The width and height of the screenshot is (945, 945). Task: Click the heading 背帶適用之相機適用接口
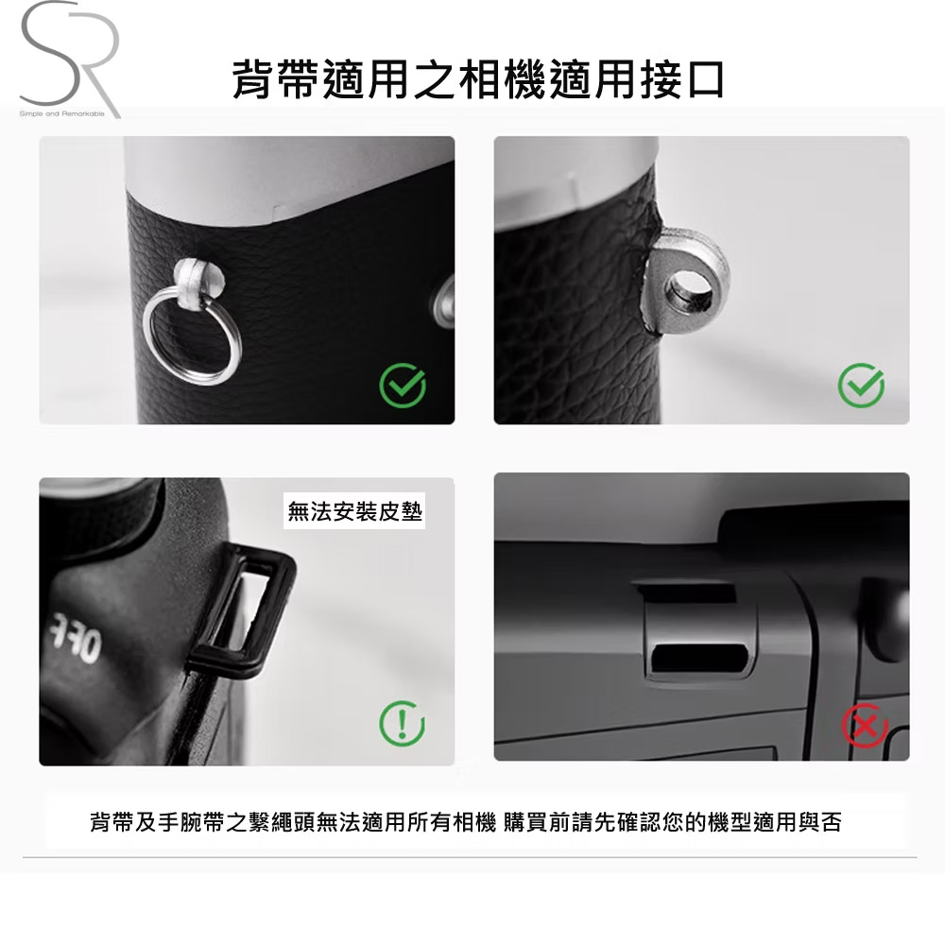478,81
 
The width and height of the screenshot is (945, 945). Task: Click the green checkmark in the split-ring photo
402,385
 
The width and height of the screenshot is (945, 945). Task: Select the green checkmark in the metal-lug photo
861,385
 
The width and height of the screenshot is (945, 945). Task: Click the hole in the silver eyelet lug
689,290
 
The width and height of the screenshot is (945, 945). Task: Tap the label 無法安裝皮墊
355,511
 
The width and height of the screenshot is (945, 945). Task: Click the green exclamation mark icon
402,724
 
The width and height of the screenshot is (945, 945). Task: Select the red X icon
866,726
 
